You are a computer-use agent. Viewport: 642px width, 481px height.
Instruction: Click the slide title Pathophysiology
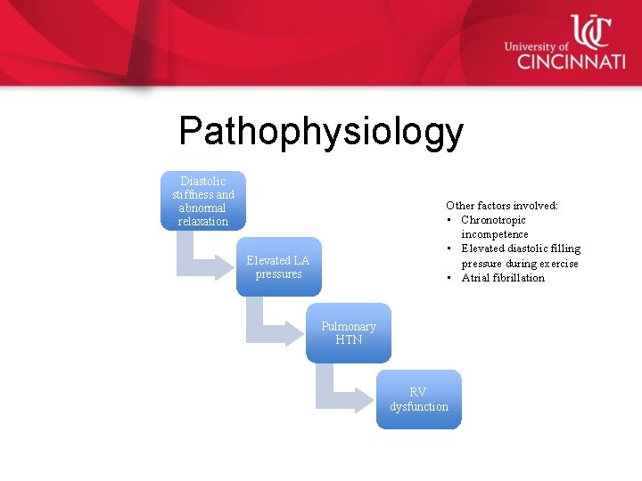click(321, 132)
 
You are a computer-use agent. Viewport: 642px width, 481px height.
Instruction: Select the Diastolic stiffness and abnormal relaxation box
click(203, 200)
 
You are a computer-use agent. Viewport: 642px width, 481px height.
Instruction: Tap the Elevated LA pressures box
click(278, 266)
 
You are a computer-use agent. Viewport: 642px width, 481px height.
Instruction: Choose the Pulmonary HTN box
click(349, 332)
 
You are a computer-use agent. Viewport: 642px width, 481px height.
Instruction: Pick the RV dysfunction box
click(418, 399)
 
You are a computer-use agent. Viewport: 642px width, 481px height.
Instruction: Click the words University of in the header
click(536, 46)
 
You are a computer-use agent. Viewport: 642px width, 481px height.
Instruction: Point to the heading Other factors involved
click(502, 206)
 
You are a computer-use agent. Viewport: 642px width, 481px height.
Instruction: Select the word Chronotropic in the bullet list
click(493, 220)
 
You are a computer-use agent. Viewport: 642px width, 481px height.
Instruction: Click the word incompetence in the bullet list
click(494, 234)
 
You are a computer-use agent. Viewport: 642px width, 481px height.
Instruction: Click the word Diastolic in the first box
click(203, 181)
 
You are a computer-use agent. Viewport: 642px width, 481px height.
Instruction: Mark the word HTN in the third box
click(349, 339)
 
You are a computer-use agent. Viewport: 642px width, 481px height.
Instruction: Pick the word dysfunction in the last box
click(419, 406)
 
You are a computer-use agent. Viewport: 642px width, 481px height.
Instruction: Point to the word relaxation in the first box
click(203, 221)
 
